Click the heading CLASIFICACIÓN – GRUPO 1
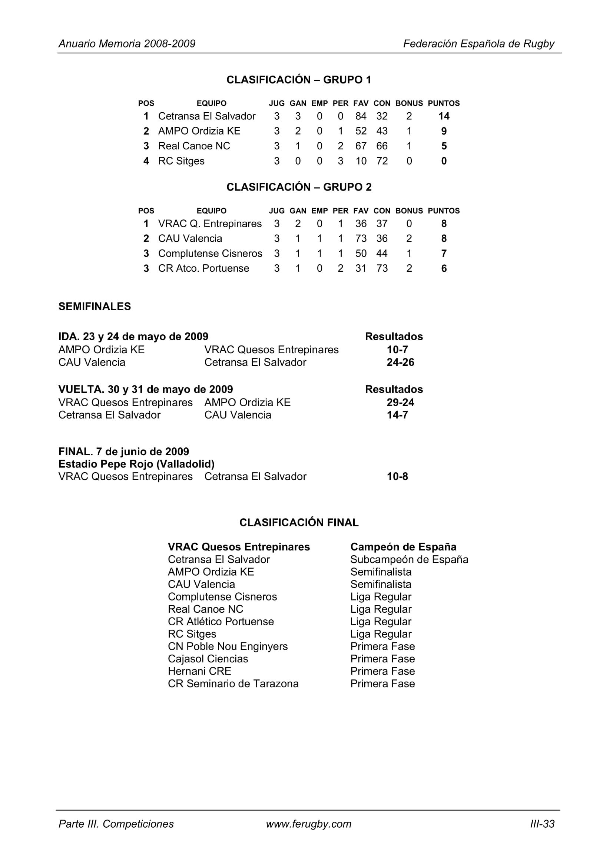[299, 80]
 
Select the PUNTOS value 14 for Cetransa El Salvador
[444, 116]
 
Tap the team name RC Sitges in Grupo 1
[181, 161]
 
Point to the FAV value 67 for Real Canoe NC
[361, 146]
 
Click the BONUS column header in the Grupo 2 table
[409, 211]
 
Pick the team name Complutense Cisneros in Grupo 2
[210, 254]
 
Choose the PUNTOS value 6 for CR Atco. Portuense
[444, 268]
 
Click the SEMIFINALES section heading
[95, 306]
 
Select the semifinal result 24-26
[400, 363]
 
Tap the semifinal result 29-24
[400, 403]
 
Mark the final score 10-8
[397, 477]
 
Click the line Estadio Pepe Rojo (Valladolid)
[136, 464]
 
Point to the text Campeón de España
[403, 547]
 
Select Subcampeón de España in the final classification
[409, 559]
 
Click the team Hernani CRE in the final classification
[199, 671]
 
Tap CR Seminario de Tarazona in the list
[233, 684]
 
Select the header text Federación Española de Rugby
[478, 44]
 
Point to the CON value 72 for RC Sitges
[382, 161]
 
